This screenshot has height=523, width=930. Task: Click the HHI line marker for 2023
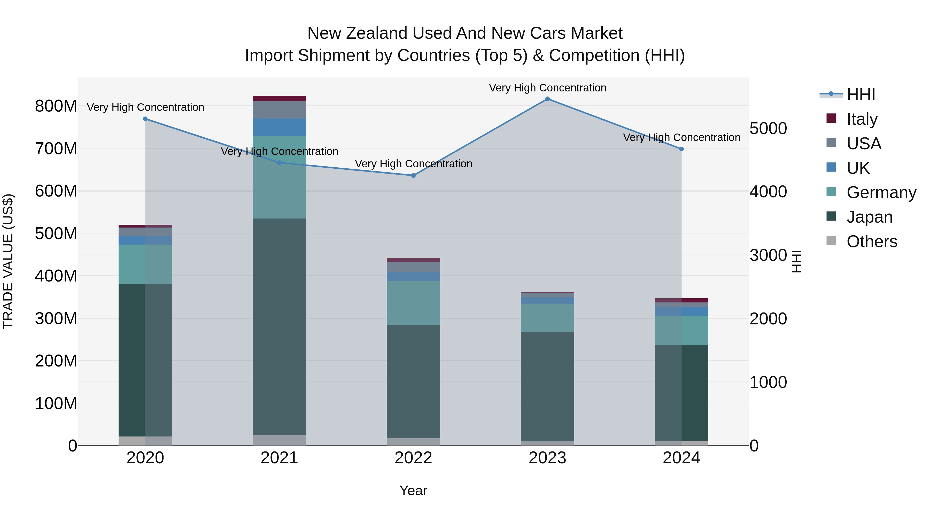click(547, 99)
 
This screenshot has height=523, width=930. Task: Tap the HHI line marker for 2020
click(145, 119)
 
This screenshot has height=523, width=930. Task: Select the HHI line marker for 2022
click(413, 175)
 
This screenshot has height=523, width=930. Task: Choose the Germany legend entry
click(881, 192)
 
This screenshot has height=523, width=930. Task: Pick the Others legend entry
click(872, 241)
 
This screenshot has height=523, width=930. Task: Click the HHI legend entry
click(861, 95)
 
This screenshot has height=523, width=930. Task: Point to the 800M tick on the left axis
click(56, 106)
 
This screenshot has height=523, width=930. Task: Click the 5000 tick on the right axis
click(768, 129)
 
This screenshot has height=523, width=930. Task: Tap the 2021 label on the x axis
click(279, 458)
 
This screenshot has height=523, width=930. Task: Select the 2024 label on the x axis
click(681, 458)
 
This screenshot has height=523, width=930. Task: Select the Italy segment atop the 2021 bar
click(279, 99)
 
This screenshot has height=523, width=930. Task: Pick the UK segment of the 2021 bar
click(279, 127)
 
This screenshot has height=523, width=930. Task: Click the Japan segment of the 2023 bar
click(547, 386)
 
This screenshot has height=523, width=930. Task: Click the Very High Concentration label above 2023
click(547, 88)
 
